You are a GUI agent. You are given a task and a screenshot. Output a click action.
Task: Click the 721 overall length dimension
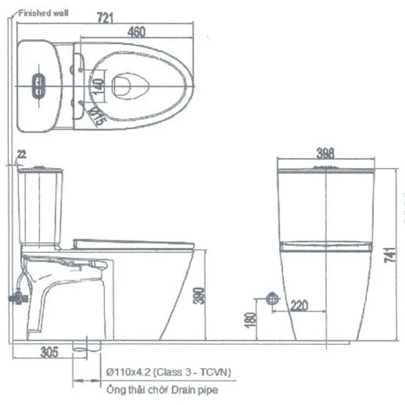[105, 18]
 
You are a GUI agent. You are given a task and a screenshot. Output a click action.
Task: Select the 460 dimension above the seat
[136, 32]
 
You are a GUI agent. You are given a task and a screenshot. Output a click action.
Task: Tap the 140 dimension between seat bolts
[98, 86]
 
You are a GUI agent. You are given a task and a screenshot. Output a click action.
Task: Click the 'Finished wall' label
[43, 13]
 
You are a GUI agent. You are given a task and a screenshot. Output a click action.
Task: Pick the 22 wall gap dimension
[21, 154]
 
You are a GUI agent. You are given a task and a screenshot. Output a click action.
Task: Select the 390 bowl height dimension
[199, 296]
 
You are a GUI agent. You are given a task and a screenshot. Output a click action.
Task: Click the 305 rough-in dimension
[49, 352]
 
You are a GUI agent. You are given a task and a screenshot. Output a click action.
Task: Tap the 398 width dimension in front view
[326, 153]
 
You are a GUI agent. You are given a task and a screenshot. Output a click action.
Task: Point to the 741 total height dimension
[390, 255]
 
